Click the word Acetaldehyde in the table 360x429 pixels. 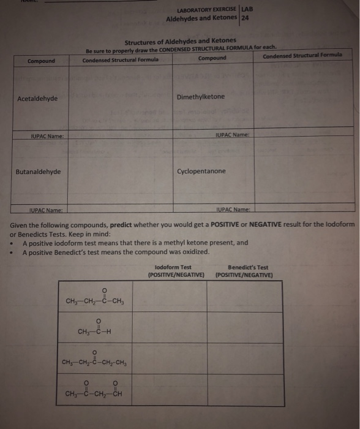click(x=37, y=99)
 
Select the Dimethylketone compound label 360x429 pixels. click(x=200, y=97)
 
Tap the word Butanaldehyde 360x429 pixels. click(x=38, y=172)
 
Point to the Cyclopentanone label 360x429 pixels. click(x=201, y=171)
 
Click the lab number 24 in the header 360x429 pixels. click(x=245, y=18)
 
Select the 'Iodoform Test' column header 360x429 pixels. click(x=173, y=267)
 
